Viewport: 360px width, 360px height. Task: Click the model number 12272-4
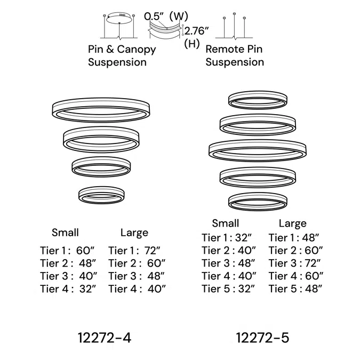click(x=105, y=337)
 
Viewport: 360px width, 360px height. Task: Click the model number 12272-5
click(x=263, y=337)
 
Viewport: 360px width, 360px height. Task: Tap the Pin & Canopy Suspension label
click(x=122, y=55)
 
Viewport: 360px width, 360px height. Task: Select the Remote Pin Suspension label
click(x=235, y=55)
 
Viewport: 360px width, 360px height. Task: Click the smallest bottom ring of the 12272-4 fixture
click(x=101, y=194)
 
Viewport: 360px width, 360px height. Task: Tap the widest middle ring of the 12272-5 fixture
click(x=258, y=150)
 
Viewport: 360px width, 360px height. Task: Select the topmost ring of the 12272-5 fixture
click(x=256, y=100)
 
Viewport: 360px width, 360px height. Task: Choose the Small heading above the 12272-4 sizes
click(x=65, y=233)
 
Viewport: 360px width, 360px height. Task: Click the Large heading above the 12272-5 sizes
click(x=293, y=223)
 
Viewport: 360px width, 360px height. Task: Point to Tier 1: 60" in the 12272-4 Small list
click(x=67, y=250)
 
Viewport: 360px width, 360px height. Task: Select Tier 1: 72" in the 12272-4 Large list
click(x=134, y=250)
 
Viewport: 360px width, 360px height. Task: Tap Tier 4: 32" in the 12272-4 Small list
click(x=67, y=289)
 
